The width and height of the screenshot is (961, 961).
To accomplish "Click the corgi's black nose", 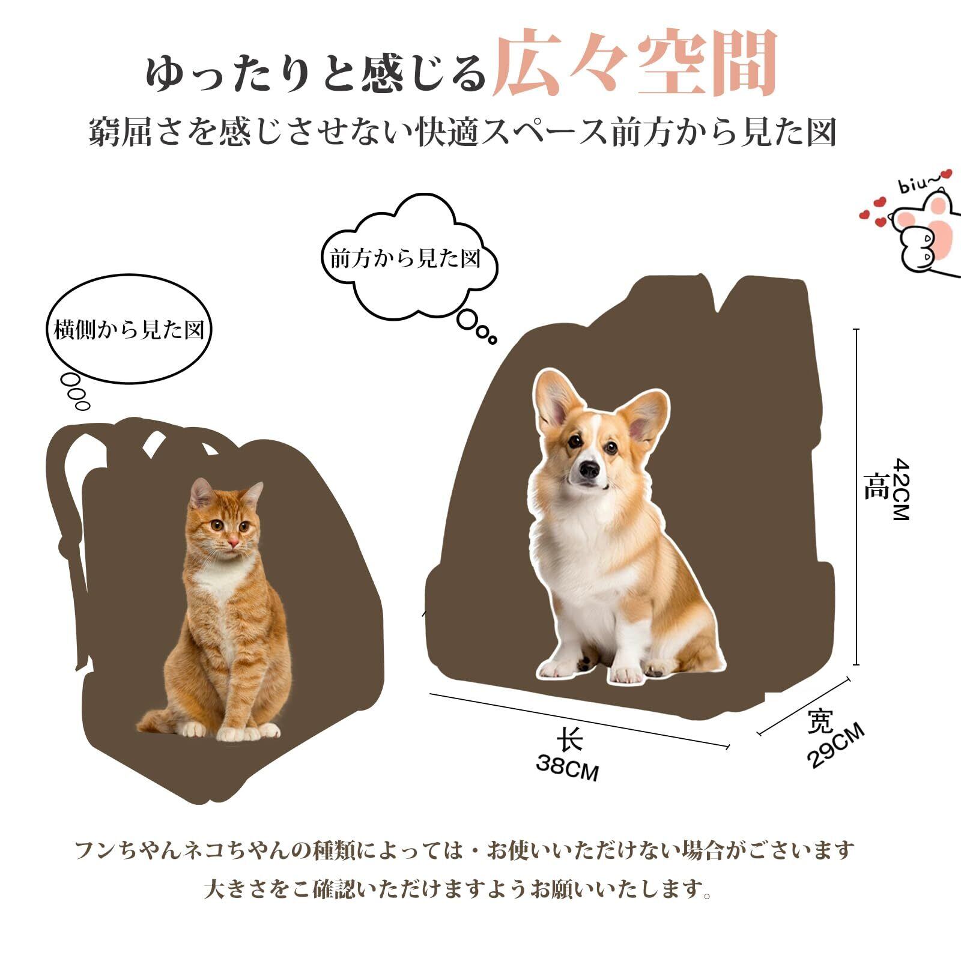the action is coord(589,470).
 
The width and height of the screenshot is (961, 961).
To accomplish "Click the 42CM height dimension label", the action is coord(902,489).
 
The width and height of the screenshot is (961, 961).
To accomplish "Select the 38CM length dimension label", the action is coord(568,768).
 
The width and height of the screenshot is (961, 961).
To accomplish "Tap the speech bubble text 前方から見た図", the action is coord(406,259).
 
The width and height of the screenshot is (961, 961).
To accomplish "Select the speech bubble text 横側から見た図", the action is coord(130,330).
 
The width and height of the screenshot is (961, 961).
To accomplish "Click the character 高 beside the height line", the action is coord(876,487).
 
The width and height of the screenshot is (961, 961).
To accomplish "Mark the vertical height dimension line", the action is coord(856,497).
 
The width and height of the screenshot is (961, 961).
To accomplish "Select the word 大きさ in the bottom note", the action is coord(235,889).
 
